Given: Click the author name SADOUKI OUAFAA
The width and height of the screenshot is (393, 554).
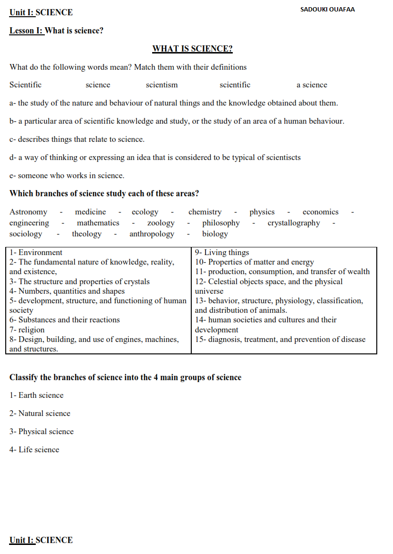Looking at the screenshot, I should [327, 10].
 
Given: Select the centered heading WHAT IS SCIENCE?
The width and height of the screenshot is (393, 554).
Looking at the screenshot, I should [192, 49].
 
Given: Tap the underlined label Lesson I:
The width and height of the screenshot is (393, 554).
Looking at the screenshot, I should [27, 31].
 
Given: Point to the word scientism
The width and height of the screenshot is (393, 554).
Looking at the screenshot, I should [162, 85].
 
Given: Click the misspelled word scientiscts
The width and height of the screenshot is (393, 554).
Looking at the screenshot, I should [281, 157].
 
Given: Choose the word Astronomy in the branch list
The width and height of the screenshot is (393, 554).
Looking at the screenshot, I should [28, 212].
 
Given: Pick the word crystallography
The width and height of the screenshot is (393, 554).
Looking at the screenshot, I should [294, 223].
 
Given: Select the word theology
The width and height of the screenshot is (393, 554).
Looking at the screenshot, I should [86, 234].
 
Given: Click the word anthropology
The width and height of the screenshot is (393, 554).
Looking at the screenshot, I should [152, 234].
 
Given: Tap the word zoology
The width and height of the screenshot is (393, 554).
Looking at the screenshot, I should [161, 223].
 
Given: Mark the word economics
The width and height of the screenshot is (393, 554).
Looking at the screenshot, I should [321, 212].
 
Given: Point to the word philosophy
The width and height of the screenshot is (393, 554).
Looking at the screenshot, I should [221, 223].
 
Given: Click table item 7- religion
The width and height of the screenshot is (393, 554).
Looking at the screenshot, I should [27, 330].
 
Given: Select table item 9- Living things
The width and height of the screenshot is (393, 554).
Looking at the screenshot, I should [222, 253].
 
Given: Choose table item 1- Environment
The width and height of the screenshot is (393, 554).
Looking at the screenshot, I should [36, 253].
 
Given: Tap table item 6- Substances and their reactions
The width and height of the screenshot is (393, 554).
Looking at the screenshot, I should [64, 320].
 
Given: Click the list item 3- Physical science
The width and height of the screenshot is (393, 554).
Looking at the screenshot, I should [41, 432].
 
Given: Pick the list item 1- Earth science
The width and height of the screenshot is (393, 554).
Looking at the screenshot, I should [36, 395].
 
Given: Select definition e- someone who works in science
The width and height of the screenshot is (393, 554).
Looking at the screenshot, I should [67, 176].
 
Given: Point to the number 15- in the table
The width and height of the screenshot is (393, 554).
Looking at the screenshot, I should [200, 340].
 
